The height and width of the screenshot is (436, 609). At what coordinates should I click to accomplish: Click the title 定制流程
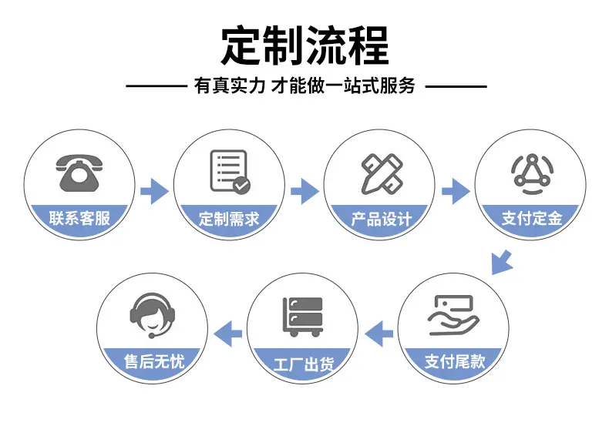[x=305, y=45]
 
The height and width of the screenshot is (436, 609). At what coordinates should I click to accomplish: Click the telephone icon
[x=79, y=173]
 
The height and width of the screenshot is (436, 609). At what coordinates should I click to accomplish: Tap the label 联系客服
[x=79, y=218]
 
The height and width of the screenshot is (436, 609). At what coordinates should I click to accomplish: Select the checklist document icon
[x=230, y=172]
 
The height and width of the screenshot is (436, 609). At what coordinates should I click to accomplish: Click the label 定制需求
[x=229, y=219]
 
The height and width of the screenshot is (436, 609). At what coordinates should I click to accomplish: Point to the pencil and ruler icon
[x=382, y=173]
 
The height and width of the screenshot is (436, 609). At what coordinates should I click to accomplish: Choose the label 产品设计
[x=381, y=220]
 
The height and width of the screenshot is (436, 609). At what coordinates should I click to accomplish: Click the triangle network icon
[x=532, y=173]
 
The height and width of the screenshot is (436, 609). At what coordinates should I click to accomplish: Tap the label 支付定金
[x=532, y=218]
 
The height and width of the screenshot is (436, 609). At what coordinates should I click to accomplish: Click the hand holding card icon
[x=453, y=315]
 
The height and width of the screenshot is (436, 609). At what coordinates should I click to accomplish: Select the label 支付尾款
[x=455, y=361]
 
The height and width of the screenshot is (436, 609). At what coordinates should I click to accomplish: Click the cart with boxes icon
[x=302, y=317]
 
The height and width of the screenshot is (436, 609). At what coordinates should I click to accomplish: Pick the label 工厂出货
[x=303, y=364]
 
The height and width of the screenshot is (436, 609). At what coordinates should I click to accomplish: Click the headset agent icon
[x=153, y=315]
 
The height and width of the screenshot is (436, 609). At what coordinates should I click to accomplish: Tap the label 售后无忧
[x=154, y=361]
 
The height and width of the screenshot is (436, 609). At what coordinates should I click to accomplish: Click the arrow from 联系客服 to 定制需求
[x=155, y=191]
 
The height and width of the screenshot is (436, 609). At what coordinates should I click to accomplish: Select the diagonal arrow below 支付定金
[x=501, y=263]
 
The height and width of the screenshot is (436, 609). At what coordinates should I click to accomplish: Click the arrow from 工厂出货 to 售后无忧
[x=228, y=334]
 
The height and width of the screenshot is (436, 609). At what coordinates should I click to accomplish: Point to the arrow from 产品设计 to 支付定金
[x=456, y=191]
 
